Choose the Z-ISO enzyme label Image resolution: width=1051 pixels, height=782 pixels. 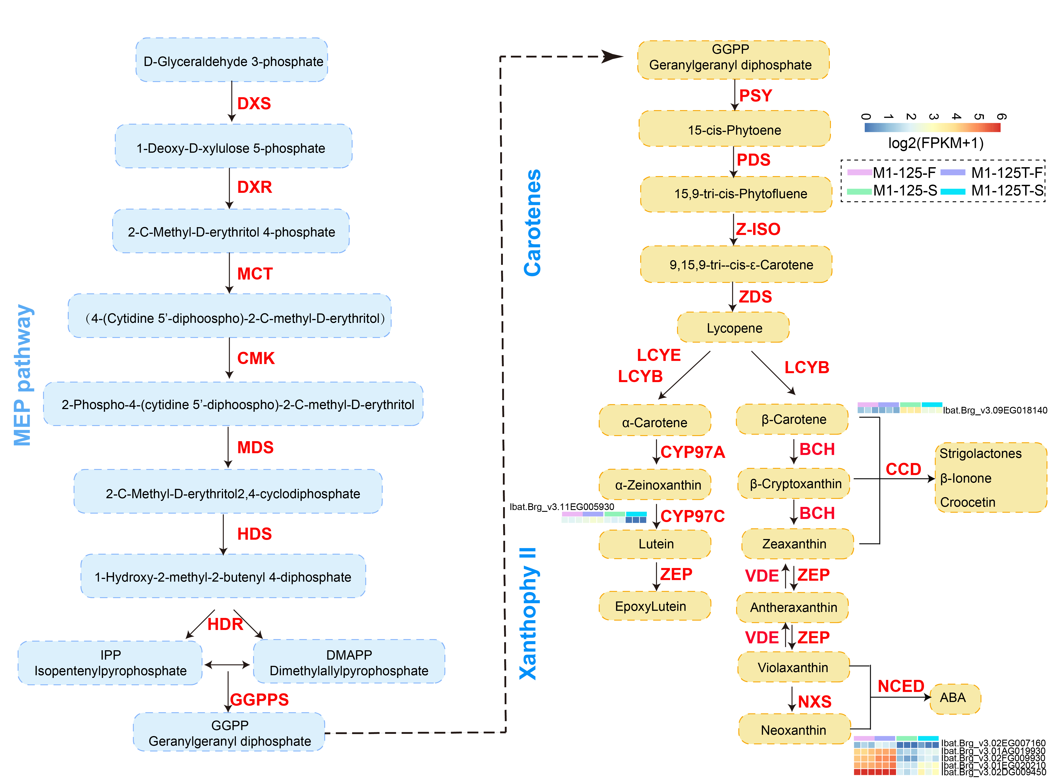[x=758, y=229]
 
